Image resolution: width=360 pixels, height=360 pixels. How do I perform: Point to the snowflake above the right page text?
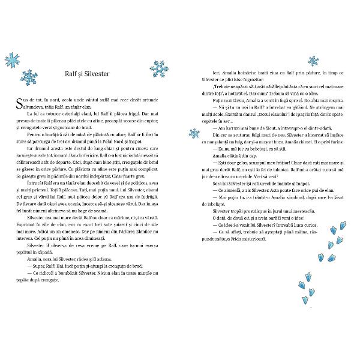(313, 60)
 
